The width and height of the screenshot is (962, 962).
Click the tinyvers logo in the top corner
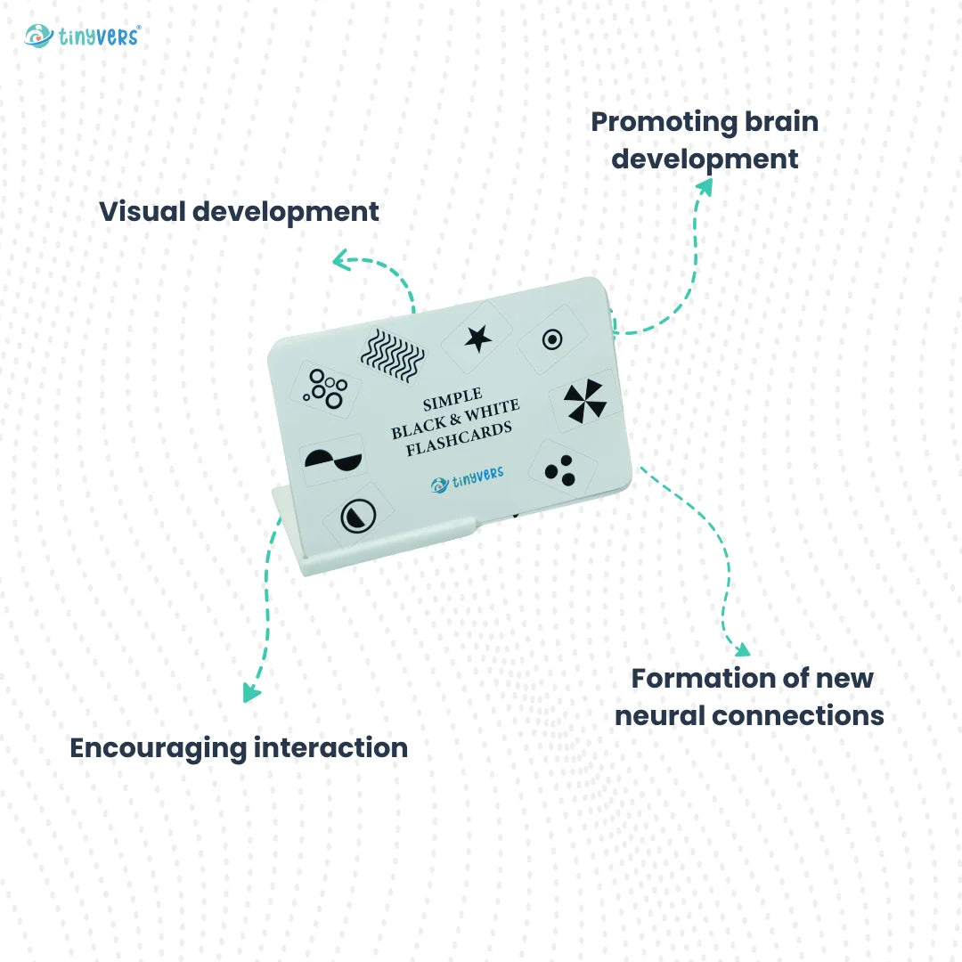pos(82,36)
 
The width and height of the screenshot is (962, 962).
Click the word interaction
pos(331,747)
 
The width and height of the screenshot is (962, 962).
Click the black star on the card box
pos(478,338)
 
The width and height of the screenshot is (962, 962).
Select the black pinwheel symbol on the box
pos(585,400)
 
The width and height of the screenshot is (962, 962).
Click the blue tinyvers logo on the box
pos(467,481)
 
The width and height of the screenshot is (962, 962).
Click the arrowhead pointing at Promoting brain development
pos(705,185)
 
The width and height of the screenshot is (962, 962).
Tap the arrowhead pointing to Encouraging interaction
pos(252,693)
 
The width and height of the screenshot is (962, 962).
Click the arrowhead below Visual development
pos(339,259)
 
